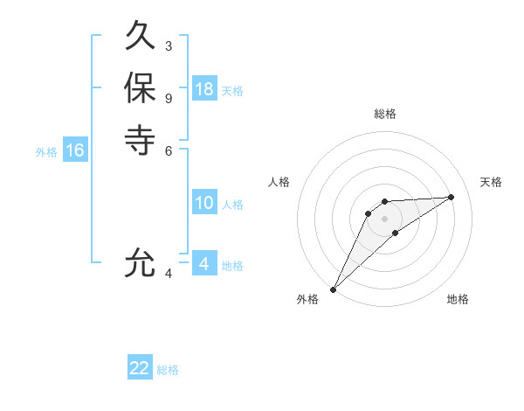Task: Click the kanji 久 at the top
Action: point(140,38)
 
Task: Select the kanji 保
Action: point(140,88)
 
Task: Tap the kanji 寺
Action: point(140,139)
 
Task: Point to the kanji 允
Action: point(140,263)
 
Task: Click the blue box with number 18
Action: point(204,88)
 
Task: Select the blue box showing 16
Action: point(75,150)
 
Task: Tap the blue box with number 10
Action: point(204,203)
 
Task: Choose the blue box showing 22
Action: point(140,368)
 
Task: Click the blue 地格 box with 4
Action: point(203,263)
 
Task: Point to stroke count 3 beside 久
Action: point(169,45)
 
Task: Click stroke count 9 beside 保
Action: point(169,97)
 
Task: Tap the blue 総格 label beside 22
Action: point(168,370)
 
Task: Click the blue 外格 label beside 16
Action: point(46,152)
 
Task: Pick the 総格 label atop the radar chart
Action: point(385,114)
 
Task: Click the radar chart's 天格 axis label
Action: point(491,182)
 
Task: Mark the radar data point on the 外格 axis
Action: point(333,289)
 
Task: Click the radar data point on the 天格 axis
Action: point(451,197)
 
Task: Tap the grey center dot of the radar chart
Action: point(385,219)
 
